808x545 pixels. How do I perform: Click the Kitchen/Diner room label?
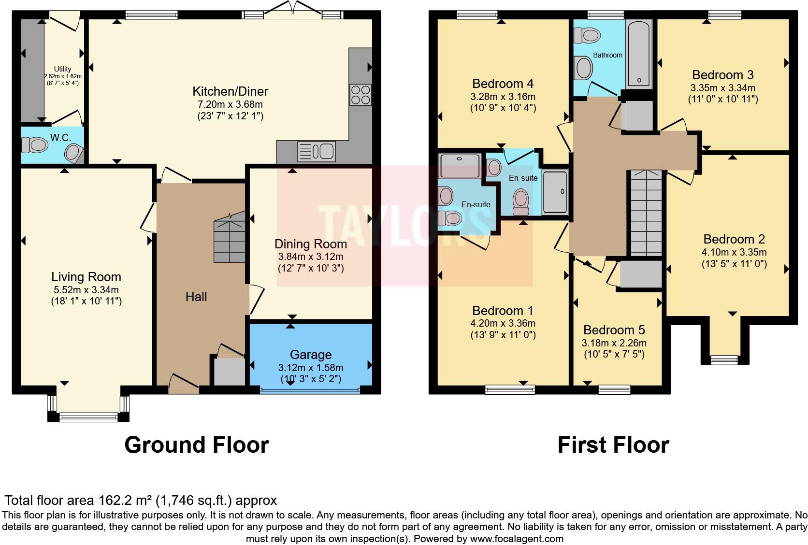coord(230,91)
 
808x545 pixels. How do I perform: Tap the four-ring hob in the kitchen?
coord(361,94)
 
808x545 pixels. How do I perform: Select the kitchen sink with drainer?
coord(317,151)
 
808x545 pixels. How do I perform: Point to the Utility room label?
coord(62,69)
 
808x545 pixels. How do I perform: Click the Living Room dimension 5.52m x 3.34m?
coord(86,290)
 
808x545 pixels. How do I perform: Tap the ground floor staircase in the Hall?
coord(230,240)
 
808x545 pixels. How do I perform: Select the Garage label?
coord(310,355)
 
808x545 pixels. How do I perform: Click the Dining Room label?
coord(310,244)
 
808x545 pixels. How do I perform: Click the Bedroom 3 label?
coord(722,75)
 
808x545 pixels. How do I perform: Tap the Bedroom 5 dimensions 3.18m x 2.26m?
coord(614,343)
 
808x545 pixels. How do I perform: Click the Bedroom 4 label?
coord(503,84)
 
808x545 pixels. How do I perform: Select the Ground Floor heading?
coord(196,445)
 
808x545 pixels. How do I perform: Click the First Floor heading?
coord(613,445)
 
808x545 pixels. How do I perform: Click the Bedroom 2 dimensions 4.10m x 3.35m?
coord(734,252)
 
